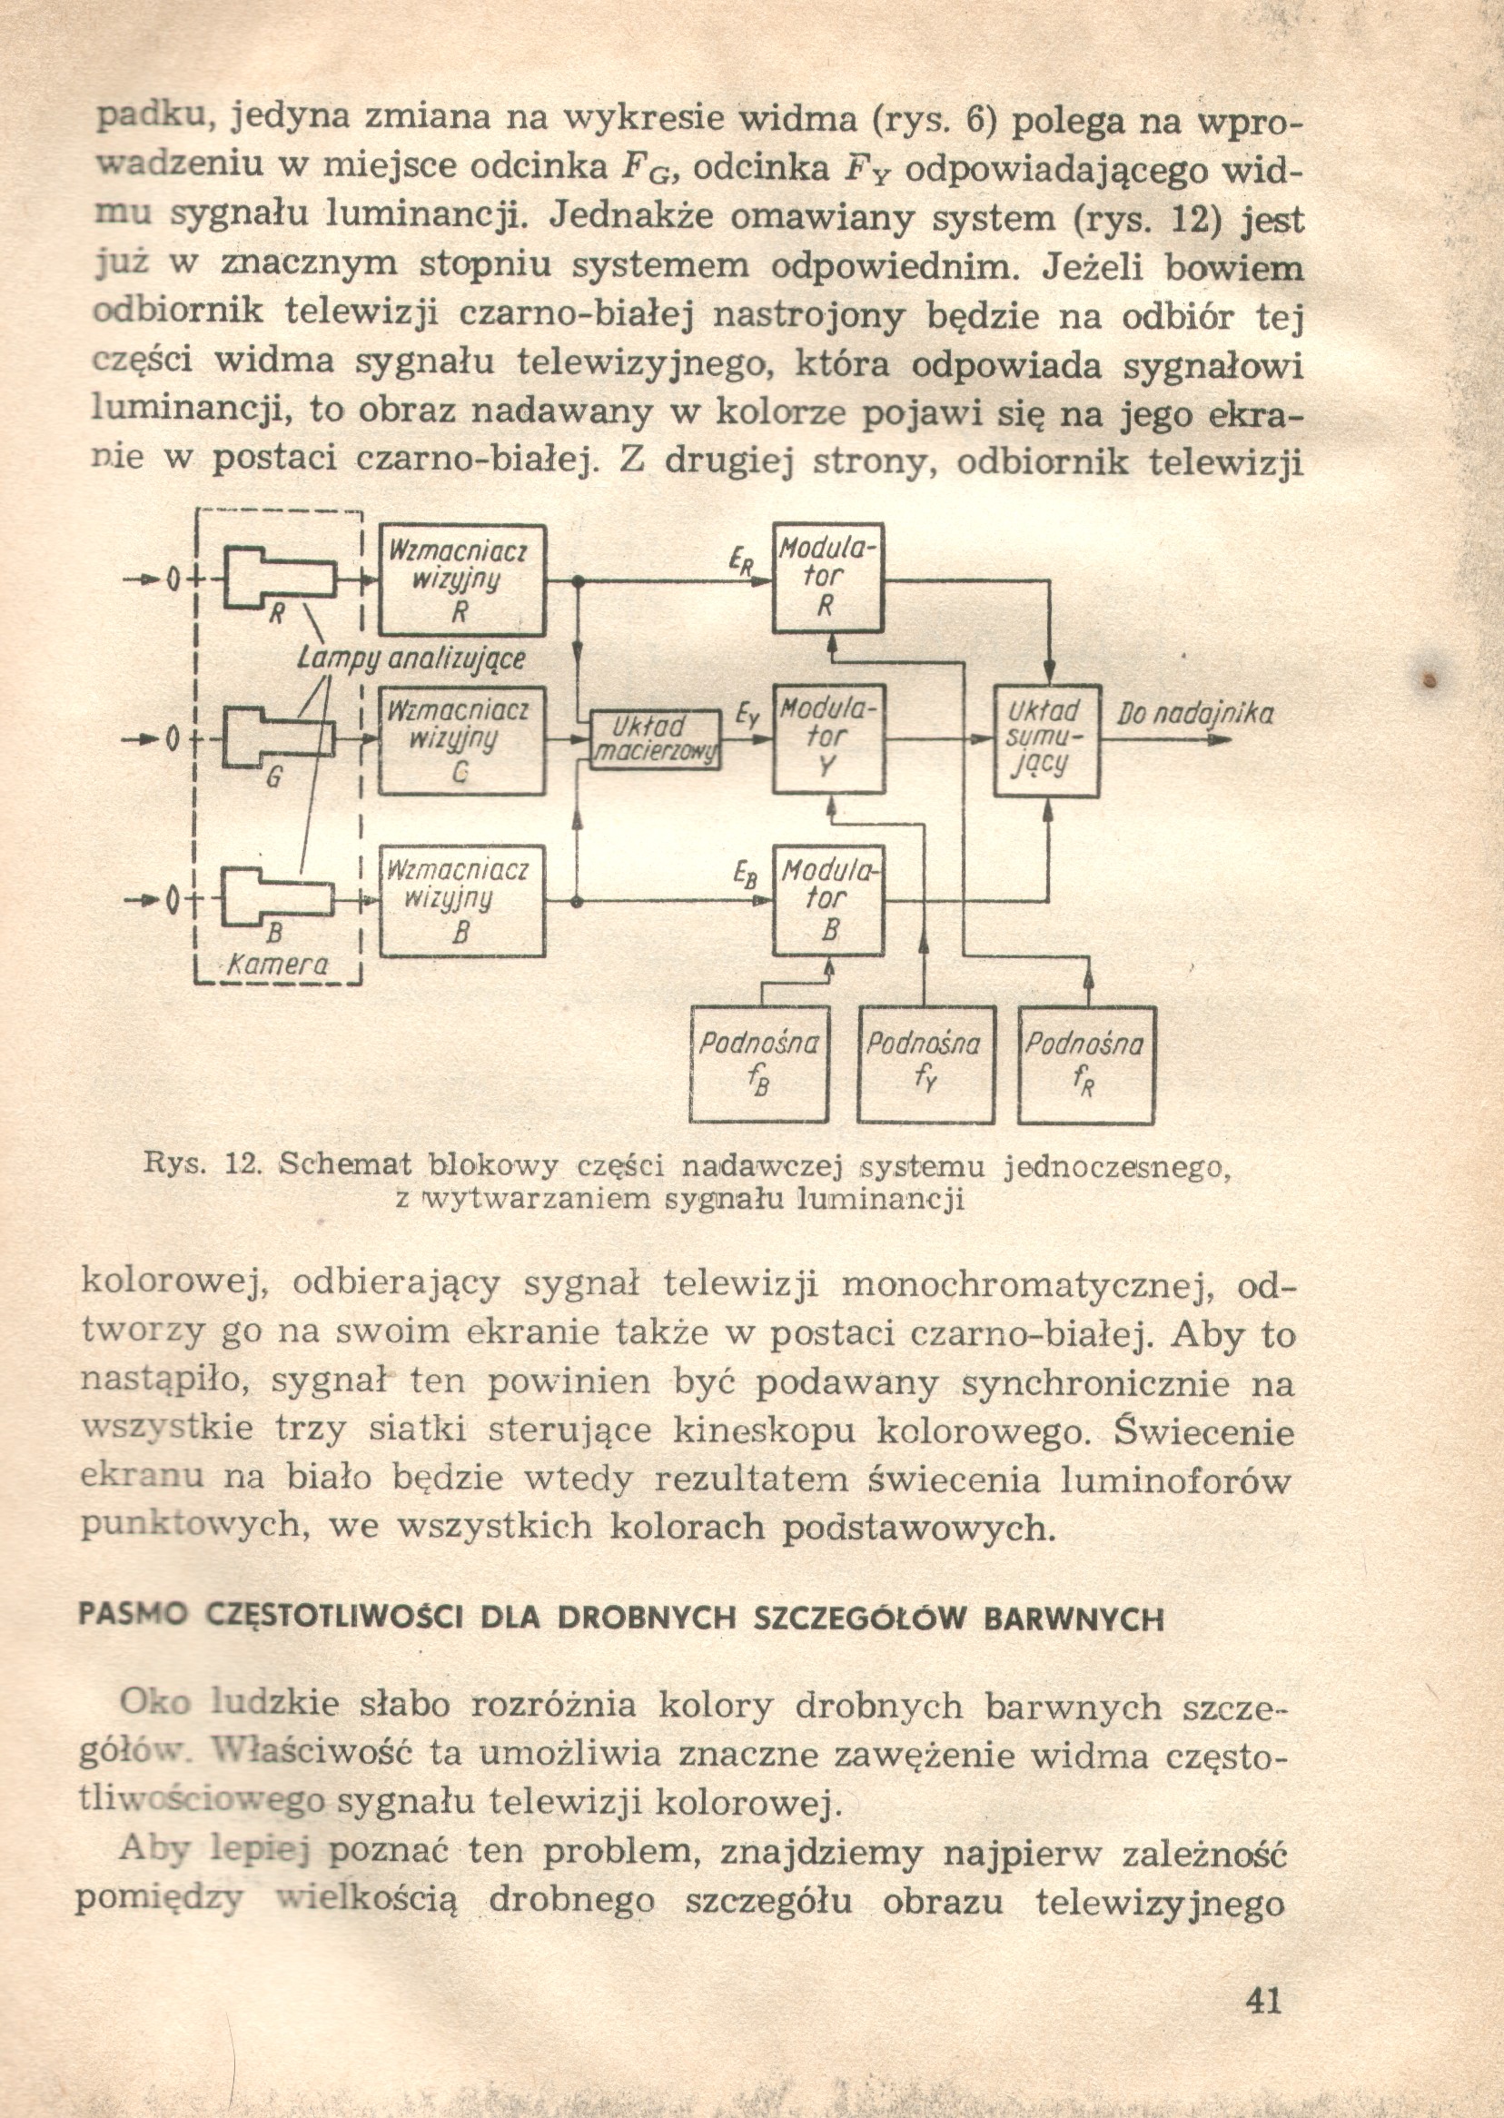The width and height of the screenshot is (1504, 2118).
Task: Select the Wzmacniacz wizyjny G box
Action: pyautogui.click(x=462, y=741)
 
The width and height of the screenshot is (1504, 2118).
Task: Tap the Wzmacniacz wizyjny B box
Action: pyautogui.click(x=462, y=900)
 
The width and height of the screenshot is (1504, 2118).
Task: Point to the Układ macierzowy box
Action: pyautogui.click(x=655, y=739)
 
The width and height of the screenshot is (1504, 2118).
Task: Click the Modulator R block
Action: pyautogui.click(x=828, y=578)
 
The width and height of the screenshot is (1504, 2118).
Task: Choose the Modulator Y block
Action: pyautogui.click(x=828, y=739)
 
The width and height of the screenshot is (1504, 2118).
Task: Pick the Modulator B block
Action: pyautogui.click(x=828, y=900)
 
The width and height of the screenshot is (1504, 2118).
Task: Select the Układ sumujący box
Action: pyautogui.click(x=1046, y=741)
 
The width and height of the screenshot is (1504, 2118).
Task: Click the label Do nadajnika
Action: pyautogui.click(x=1194, y=715)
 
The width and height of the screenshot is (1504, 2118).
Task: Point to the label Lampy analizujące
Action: pyautogui.click(x=411, y=658)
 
